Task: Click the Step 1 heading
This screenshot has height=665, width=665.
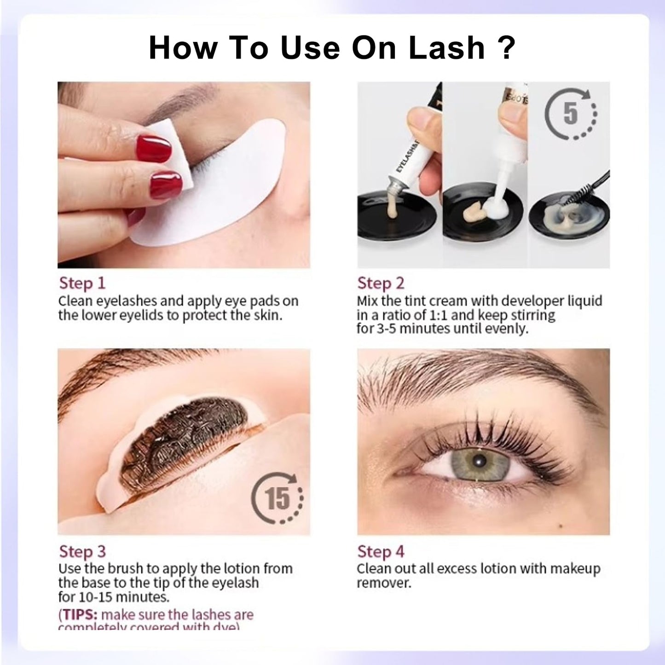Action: click(82, 283)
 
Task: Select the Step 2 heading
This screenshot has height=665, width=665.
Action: click(381, 283)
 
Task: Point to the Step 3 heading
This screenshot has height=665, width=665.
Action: click(82, 551)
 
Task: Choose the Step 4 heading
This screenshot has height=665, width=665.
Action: click(381, 551)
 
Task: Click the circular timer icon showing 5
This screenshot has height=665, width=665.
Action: click(571, 113)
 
